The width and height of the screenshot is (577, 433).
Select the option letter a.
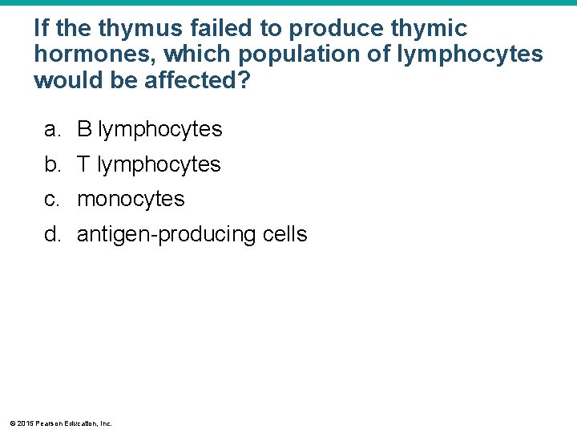click(x=52, y=129)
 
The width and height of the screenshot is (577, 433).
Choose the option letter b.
click(x=52, y=164)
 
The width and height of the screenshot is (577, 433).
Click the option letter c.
click(x=52, y=200)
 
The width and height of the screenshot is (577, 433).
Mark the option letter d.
click(x=52, y=235)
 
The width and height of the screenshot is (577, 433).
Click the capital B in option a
click(x=84, y=129)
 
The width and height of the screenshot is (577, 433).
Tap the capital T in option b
click(x=83, y=164)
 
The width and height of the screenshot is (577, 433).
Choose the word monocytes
click(x=131, y=200)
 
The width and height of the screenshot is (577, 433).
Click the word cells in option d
click(x=284, y=235)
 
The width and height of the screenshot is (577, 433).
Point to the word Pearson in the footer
click(x=48, y=423)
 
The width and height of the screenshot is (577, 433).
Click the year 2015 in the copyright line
click(x=25, y=423)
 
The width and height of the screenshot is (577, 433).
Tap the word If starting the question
click(x=42, y=30)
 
